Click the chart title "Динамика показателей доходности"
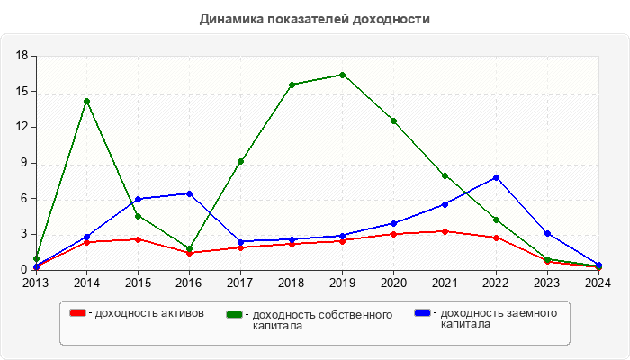click(314, 19)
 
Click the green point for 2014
click(86, 101)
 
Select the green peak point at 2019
click(342, 75)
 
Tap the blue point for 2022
click(496, 177)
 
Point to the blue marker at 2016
click(189, 193)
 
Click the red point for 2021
click(445, 231)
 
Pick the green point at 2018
click(292, 85)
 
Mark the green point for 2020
click(393, 121)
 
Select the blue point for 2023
click(547, 233)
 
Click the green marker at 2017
click(240, 161)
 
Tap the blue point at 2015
click(138, 199)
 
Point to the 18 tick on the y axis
click(23, 56)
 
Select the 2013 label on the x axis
click(36, 283)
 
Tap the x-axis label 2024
click(598, 283)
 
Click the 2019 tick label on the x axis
click(342, 283)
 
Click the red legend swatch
click(79, 313)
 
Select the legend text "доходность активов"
click(149, 313)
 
